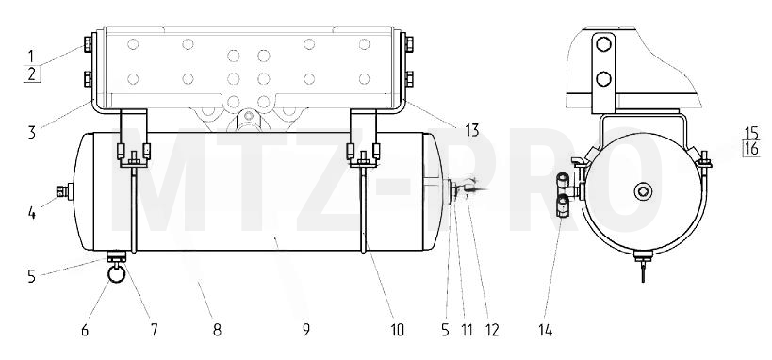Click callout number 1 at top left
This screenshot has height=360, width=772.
tap(30, 56)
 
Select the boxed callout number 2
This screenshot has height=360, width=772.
tap(32, 74)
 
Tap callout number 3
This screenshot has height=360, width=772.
tap(32, 133)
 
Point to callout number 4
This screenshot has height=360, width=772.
tap(32, 213)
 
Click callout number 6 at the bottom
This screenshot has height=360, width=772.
tap(85, 330)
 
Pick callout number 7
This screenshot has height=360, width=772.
tap(154, 330)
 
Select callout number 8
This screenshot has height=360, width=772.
tap(217, 330)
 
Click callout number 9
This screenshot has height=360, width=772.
tap(306, 330)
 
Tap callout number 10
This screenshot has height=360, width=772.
tap(397, 330)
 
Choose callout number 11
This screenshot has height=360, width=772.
tap(467, 330)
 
